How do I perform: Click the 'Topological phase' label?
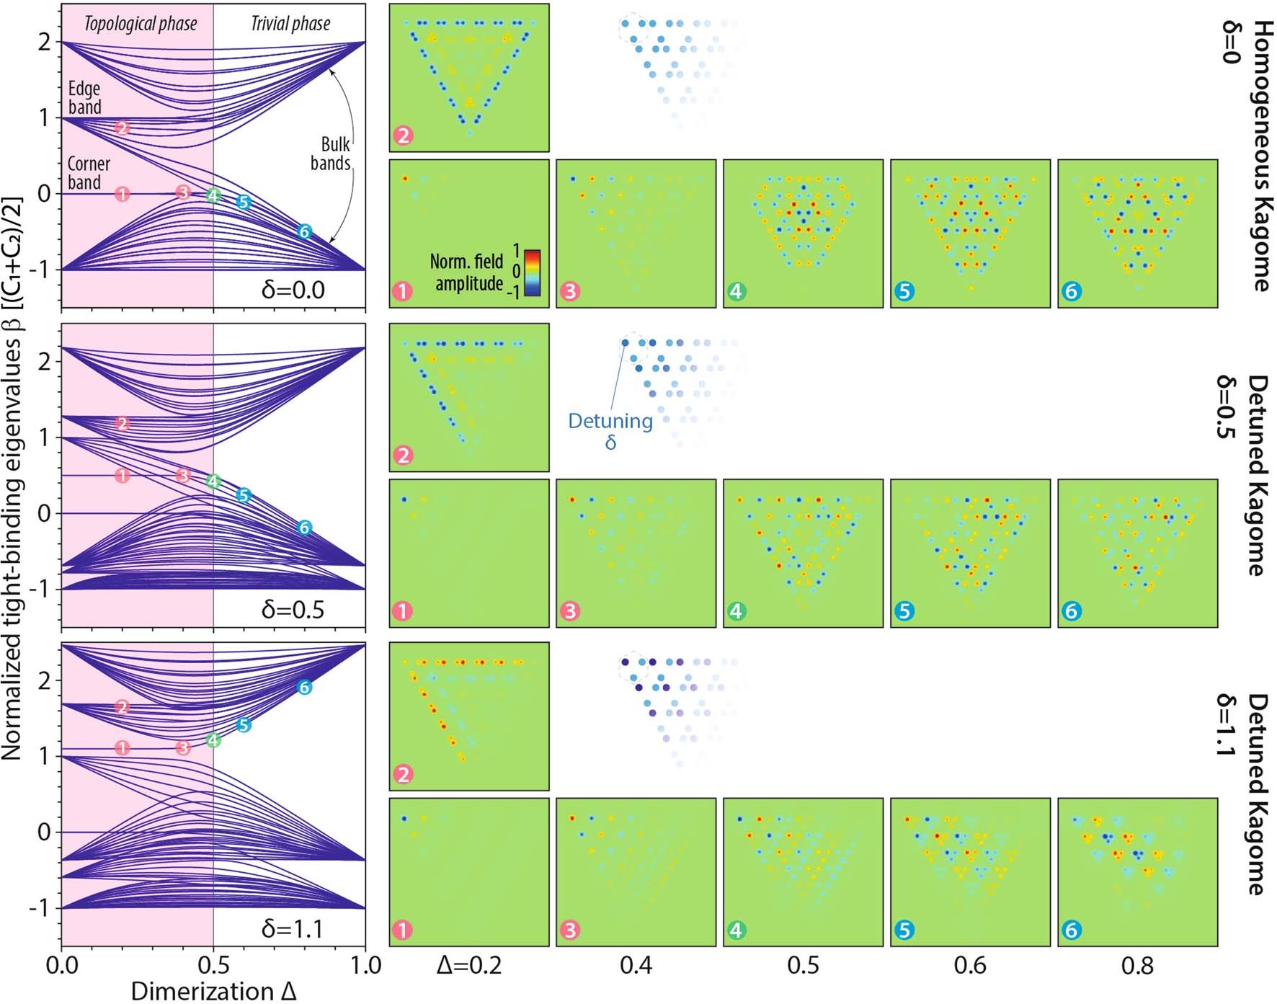[141, 24]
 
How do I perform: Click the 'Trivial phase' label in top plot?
[290, 24]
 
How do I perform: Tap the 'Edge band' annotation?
[84, 98]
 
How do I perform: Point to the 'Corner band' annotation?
[89, 173]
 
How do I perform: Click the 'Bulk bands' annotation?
[332, 154]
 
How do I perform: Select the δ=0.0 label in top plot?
[293, 290]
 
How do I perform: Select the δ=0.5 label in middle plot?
[293, 610]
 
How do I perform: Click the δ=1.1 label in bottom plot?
[293, 929]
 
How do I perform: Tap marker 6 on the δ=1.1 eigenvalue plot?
[304, 687]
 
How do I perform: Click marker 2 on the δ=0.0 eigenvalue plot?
[123, 128]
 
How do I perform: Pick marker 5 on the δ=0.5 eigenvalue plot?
[244, 495]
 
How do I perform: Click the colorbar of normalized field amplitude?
[533, 273]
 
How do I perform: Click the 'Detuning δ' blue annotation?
[610, 431]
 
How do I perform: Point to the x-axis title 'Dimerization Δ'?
[213, 991]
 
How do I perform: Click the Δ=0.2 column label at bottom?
[469, 965]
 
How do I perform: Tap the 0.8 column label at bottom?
[1137, 965]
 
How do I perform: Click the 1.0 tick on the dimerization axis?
[365, 965]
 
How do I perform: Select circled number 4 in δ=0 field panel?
[736, 292]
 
